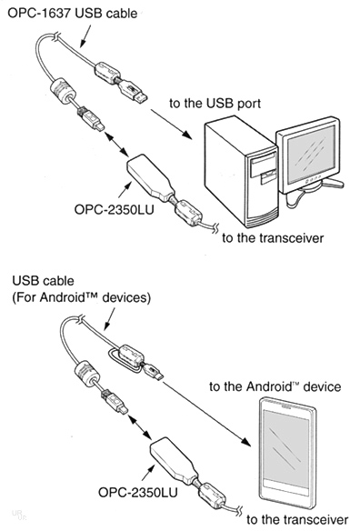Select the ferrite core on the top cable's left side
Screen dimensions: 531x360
point(64,89)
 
